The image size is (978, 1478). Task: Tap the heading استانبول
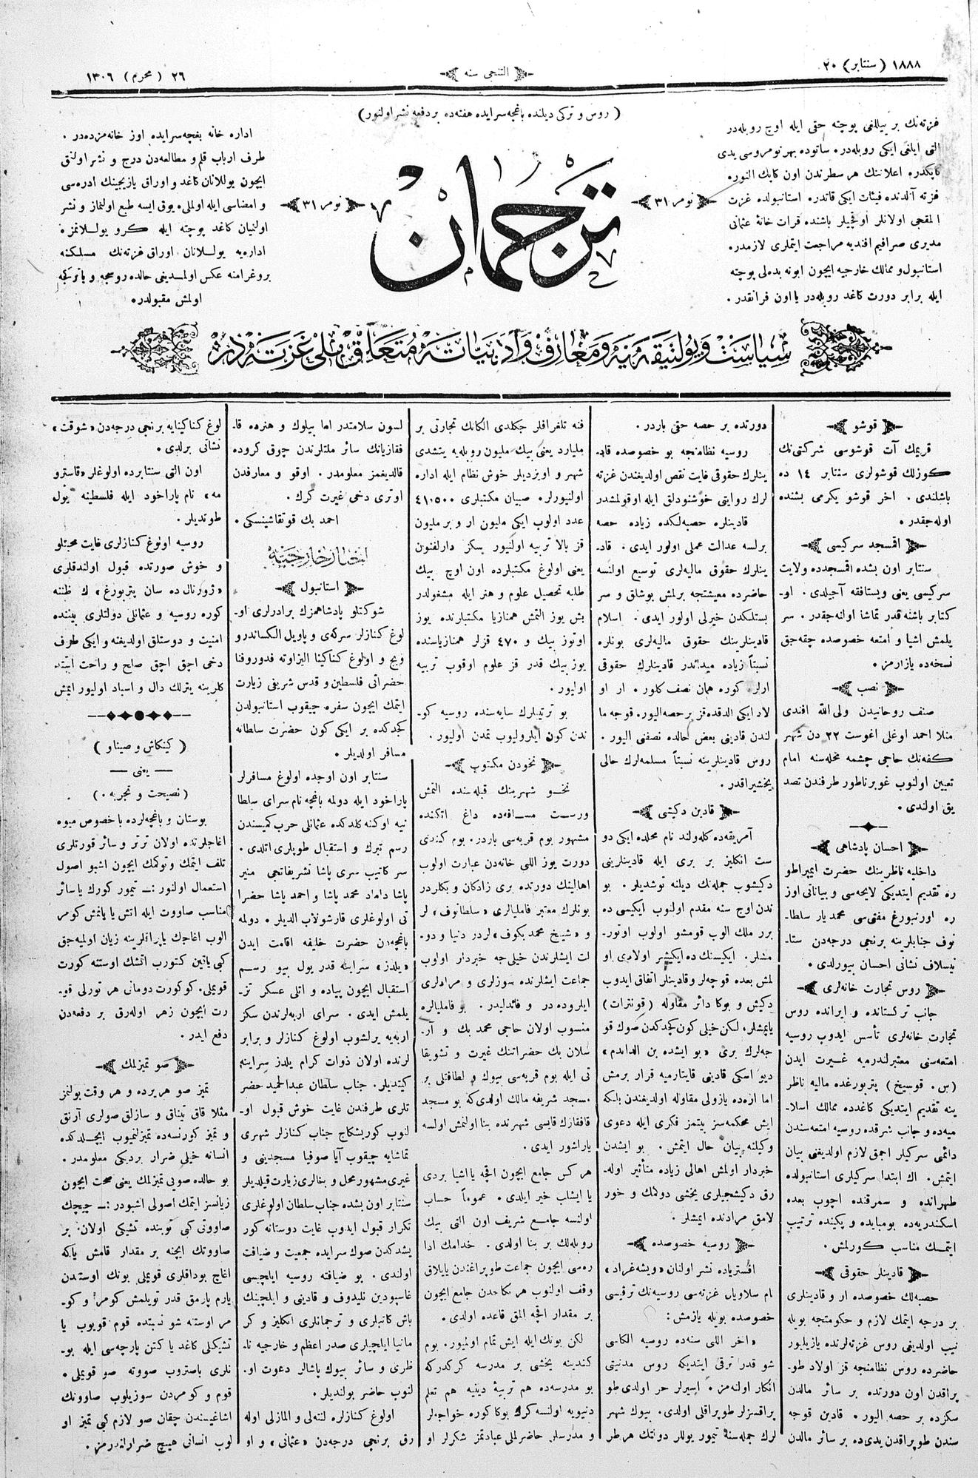pos(317,589)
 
